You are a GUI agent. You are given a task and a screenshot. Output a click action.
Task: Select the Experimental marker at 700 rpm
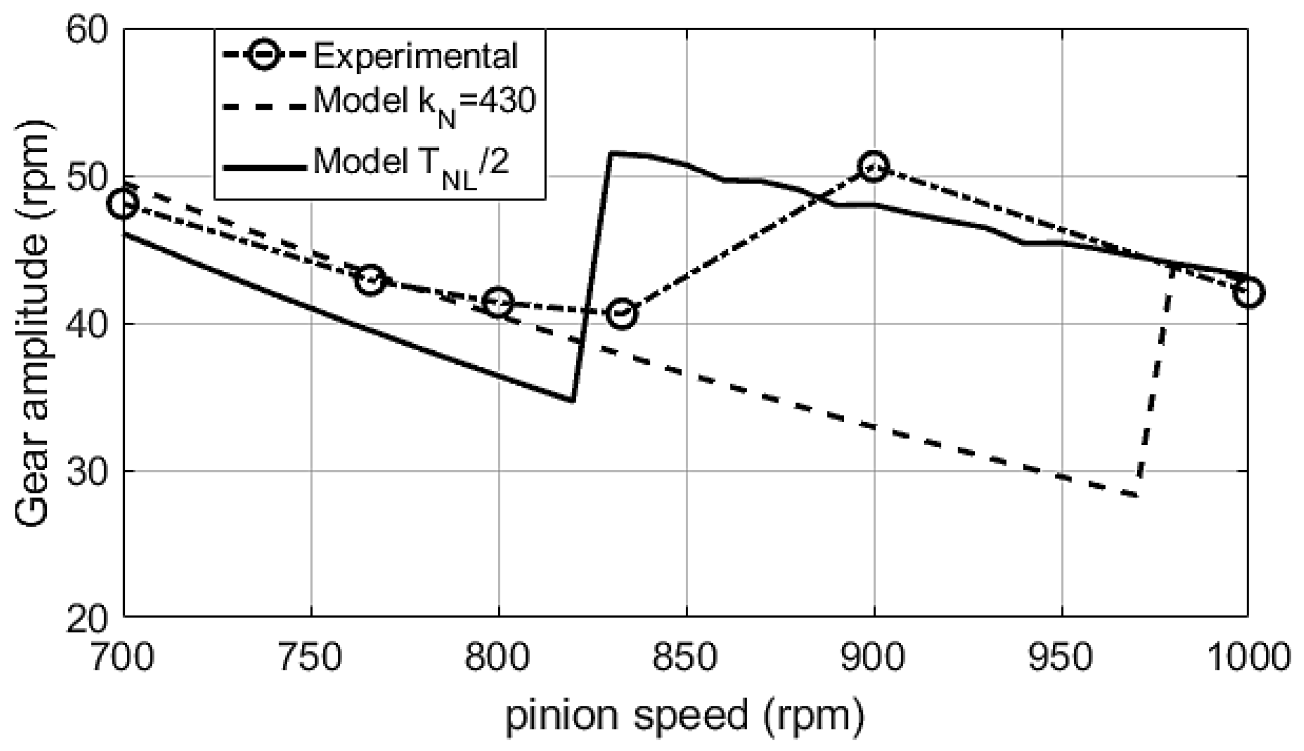point(124,204)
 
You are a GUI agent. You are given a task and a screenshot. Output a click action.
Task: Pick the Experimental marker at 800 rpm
point(498,302)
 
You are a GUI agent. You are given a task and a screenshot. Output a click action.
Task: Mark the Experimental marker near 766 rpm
point(370,280)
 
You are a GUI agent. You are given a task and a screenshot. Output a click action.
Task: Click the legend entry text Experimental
point(415,56)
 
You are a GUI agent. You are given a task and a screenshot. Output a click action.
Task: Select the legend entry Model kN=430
point(425,102)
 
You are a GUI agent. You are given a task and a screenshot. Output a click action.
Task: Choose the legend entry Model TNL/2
point(412,163)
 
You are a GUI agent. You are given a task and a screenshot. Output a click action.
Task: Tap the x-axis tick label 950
point(1061,657)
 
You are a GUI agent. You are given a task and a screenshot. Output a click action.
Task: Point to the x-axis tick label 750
point(311,657)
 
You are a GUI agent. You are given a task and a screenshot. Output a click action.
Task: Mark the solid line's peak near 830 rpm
point(609,154)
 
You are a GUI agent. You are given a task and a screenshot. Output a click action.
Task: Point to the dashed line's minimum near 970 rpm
point(1137,495)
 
